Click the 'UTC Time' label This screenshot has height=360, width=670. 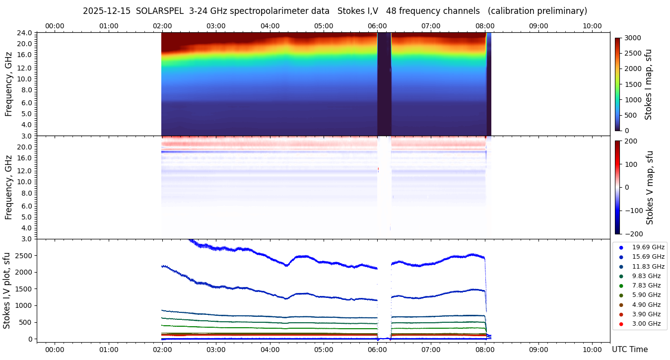629,350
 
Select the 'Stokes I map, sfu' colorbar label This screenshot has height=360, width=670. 648,84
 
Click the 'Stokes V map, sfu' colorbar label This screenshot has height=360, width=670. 649,188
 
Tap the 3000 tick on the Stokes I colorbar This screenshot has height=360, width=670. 633,38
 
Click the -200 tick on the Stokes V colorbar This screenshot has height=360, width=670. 633,234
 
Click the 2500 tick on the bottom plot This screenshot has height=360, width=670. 24,255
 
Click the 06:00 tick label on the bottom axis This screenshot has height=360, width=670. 377,350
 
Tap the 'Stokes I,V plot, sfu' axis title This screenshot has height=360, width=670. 7,290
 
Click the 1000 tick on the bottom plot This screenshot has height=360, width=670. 24,305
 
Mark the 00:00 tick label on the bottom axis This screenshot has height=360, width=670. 55,350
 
